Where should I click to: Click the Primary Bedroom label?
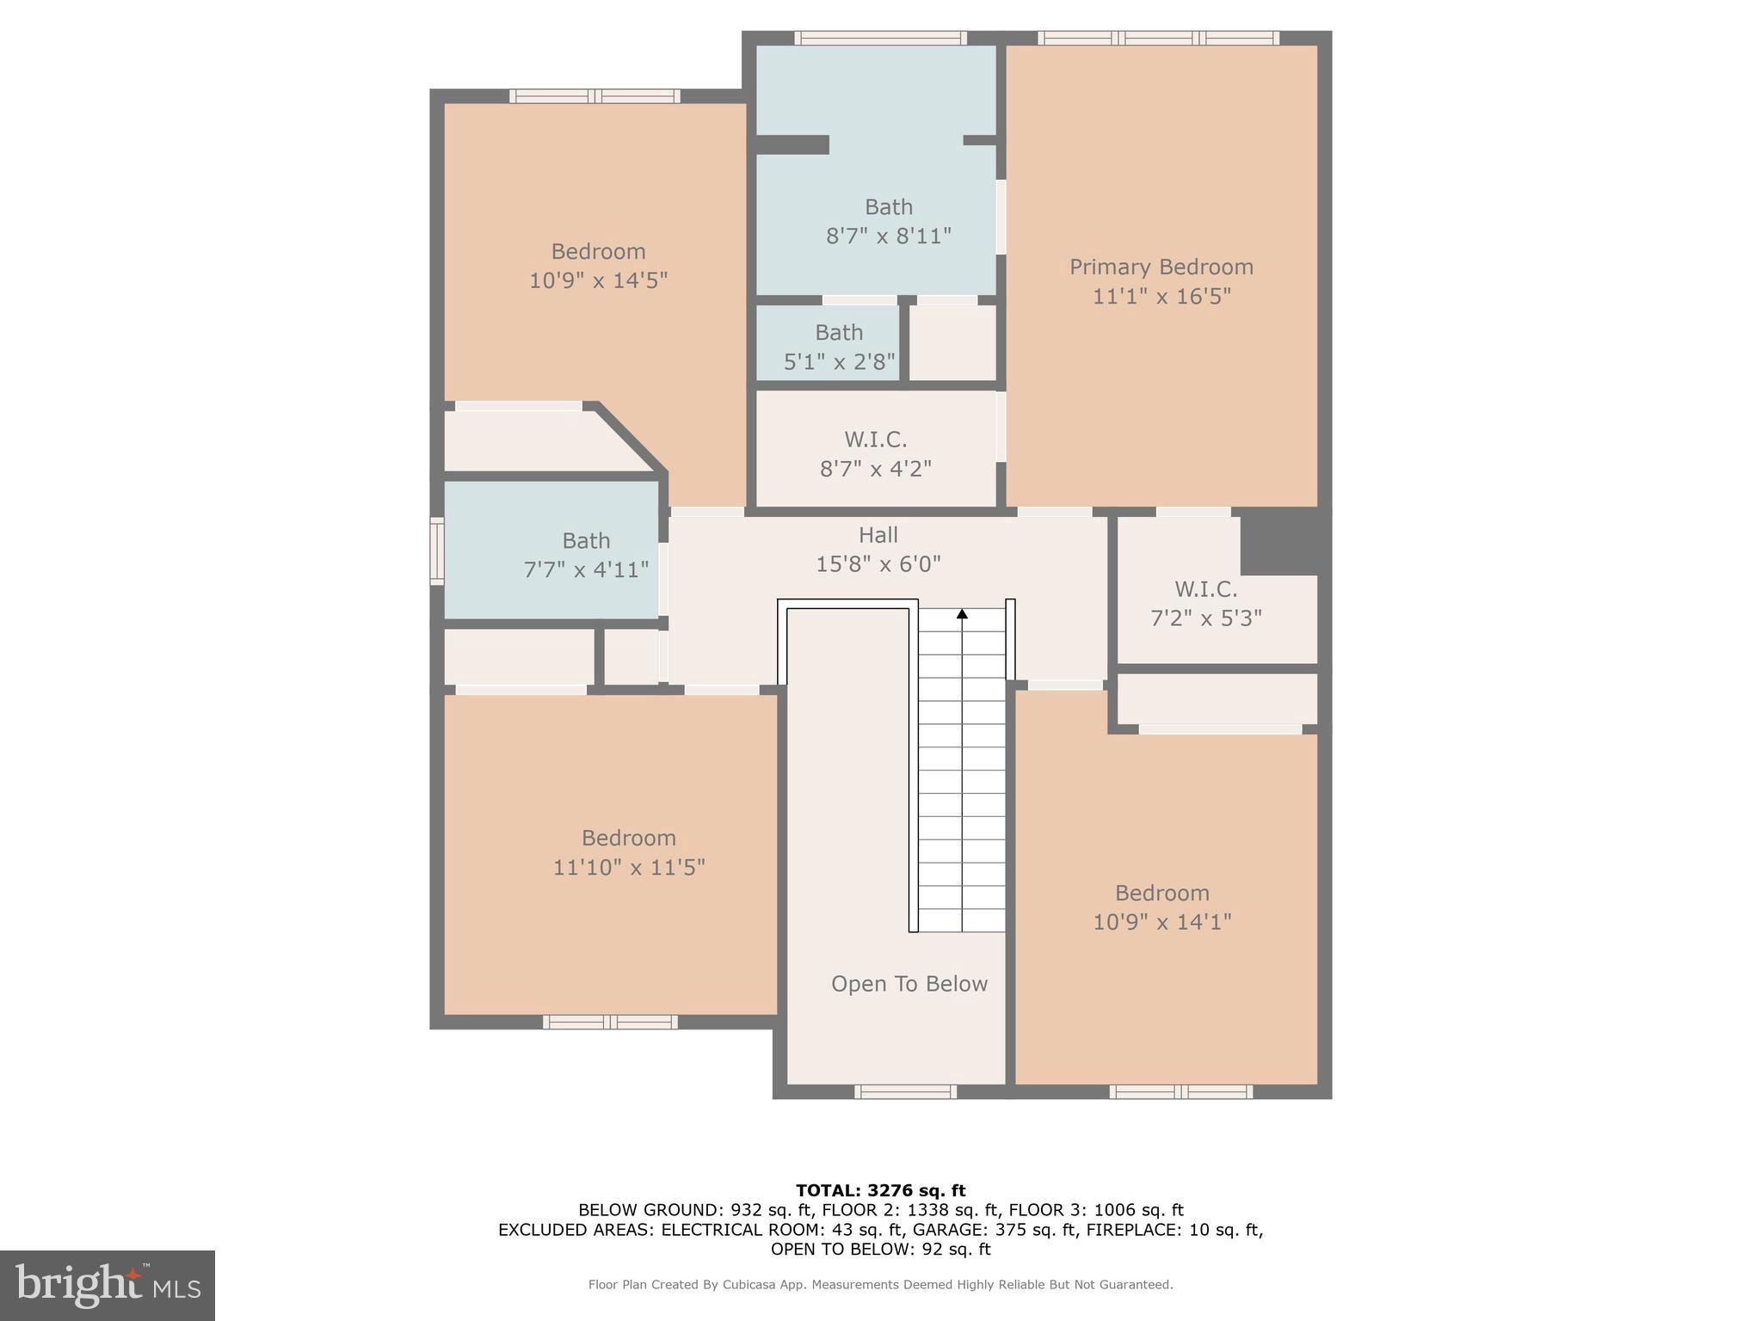pos(1161,267)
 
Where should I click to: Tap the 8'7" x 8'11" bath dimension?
pos(888,236)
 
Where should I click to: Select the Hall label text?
pos(878,535)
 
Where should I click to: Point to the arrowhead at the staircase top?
pos(962,614)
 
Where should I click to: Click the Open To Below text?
pos(909,984)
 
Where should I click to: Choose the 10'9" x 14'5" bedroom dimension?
pos(598,280)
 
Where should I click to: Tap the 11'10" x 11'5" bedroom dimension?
pos(628,867)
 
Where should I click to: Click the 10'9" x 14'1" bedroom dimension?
pos(1161,922)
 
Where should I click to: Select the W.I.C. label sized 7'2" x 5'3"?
pos(1205,590)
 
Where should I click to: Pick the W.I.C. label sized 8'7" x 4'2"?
pos(875,440)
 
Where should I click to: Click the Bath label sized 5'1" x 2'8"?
pos(839,333)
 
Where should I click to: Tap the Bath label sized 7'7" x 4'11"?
pos(586,541)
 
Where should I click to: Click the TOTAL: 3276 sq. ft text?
pos(880,1191)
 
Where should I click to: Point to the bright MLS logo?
pos(108,1286)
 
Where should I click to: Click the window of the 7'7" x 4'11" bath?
pos(436,551)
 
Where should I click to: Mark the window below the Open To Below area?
pos(905,1091)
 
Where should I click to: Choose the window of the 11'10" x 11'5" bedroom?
pos(609,1022)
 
